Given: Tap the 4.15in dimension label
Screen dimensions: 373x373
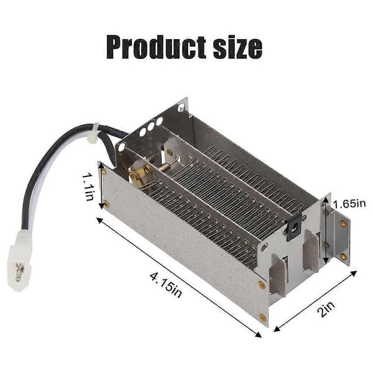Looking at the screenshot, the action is click(x=166, y=284).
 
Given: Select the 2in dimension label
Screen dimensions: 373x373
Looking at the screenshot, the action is click(x=327, y=309).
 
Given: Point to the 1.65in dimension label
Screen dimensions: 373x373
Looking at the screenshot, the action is click(x=349, y=204).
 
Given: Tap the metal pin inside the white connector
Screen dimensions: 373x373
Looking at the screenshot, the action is click(x=20, y=272).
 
